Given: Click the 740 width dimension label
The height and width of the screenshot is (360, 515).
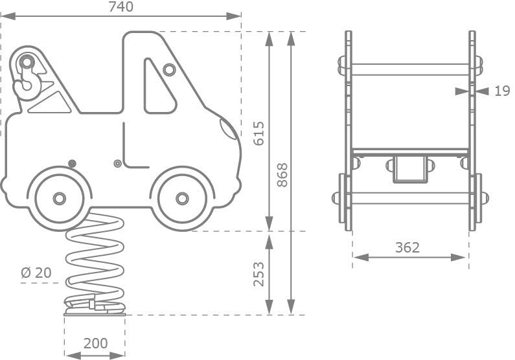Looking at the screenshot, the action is (121, 7).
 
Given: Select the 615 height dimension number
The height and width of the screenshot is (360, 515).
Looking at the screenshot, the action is (259, 133).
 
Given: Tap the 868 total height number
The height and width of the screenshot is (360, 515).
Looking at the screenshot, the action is (282, 175).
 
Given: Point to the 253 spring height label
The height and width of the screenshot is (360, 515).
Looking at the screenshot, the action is (259, 274).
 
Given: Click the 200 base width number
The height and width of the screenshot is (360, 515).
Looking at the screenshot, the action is (96, 343).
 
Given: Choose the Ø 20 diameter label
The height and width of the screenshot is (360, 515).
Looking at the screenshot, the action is (36, 273).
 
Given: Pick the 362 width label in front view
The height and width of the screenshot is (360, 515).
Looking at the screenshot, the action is (407, 247).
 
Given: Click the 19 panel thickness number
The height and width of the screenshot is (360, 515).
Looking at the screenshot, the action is (502, 91).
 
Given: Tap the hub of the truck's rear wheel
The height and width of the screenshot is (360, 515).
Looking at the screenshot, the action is (60, 198).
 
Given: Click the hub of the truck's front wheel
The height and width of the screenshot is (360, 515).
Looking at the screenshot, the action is (182, 198).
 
